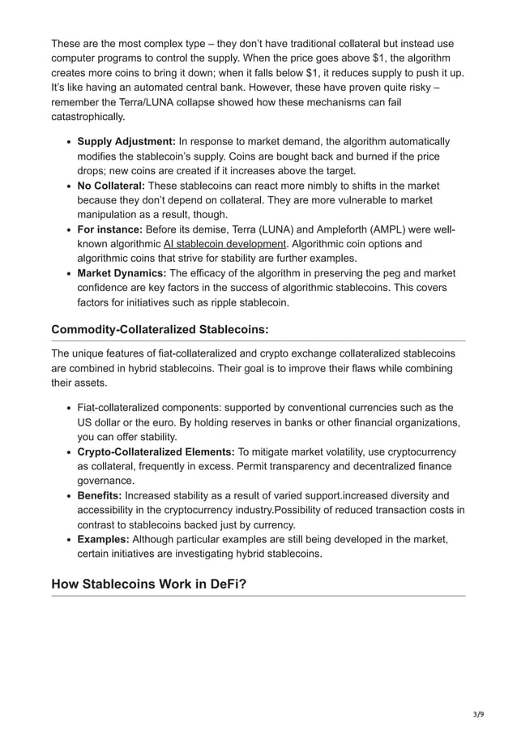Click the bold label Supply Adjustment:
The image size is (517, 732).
(x=126, y=142)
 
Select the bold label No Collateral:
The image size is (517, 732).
(x=111, y=186)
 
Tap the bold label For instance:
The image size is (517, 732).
(x=110, y=229)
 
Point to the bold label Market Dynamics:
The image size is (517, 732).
(x=122, y=273)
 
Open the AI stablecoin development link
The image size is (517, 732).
(x=225, y=244)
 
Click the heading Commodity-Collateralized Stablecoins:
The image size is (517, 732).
(x=160, y=329)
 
